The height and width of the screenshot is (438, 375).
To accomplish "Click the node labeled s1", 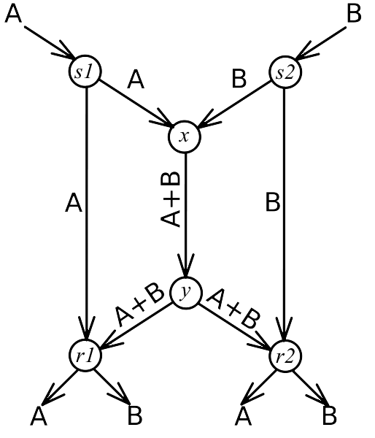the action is coord(85,72).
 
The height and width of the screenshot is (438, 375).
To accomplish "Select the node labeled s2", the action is coord(285,72).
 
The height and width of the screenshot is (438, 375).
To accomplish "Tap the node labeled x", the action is coord(185,137).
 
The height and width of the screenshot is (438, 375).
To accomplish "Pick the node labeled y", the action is coord(185,293).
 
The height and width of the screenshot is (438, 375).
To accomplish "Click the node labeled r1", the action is coord(85,356).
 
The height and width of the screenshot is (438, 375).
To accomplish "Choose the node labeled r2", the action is coord(285,356).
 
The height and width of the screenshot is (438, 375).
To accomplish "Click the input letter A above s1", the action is coord(13,14).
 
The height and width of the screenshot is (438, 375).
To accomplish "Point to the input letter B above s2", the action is coord(354,14).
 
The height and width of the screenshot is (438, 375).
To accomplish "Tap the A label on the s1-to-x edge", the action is coord(136,80).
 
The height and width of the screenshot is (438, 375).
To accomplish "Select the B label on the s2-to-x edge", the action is coord(239,79).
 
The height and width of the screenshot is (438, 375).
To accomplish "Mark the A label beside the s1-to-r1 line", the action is coord(74,203).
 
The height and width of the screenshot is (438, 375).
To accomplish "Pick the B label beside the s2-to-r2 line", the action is coord(273,201).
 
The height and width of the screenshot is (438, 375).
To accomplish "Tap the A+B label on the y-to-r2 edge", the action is coord(234,308).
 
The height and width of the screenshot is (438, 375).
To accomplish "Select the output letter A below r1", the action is coord(39,415).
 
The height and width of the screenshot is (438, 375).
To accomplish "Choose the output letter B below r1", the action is coord(135,415).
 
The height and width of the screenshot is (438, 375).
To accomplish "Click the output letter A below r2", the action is coord(244,415).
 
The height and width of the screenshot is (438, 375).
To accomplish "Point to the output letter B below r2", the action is coord(330,415).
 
